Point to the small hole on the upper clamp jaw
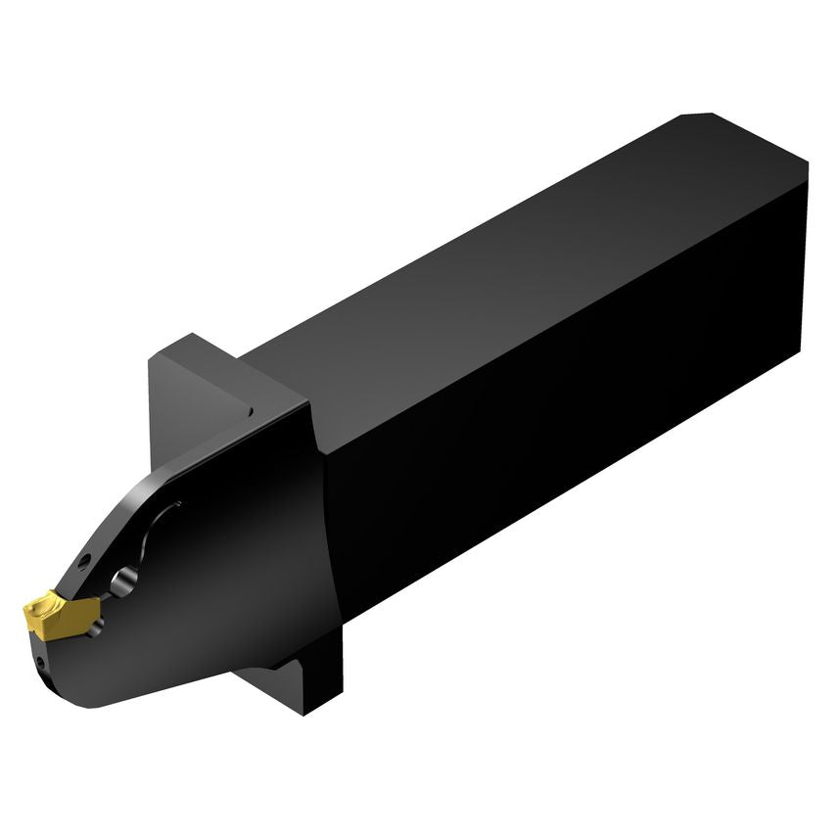(x=84, y=561)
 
